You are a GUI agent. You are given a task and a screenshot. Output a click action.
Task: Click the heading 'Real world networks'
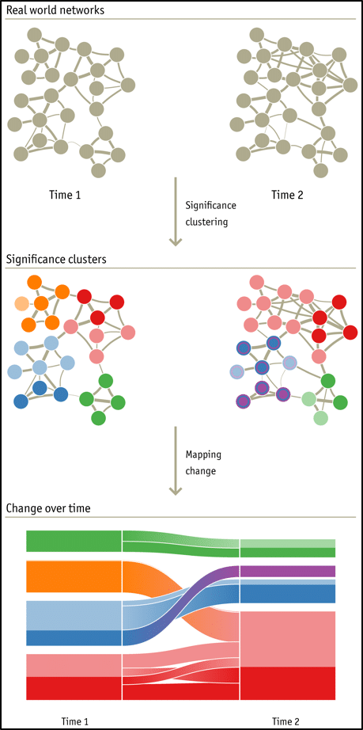(x=55, y=10)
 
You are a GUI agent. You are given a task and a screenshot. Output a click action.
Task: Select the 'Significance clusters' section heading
(x=56, y=258)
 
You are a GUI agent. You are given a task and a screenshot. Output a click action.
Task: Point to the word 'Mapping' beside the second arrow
(x=204, y=455)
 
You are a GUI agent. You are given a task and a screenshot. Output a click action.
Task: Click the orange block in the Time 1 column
(x=74, y=576)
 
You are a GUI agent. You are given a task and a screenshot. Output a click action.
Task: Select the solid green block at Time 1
(x=74, y=541)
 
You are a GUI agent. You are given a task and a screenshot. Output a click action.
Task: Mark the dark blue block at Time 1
(x=74, y=638)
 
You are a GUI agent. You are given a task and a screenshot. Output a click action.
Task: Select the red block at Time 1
(x=74, y=688)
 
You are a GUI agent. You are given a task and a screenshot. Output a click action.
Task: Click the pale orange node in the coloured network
(x=22, y=303)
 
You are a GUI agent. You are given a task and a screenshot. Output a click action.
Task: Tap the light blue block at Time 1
(x=74, y=615)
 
